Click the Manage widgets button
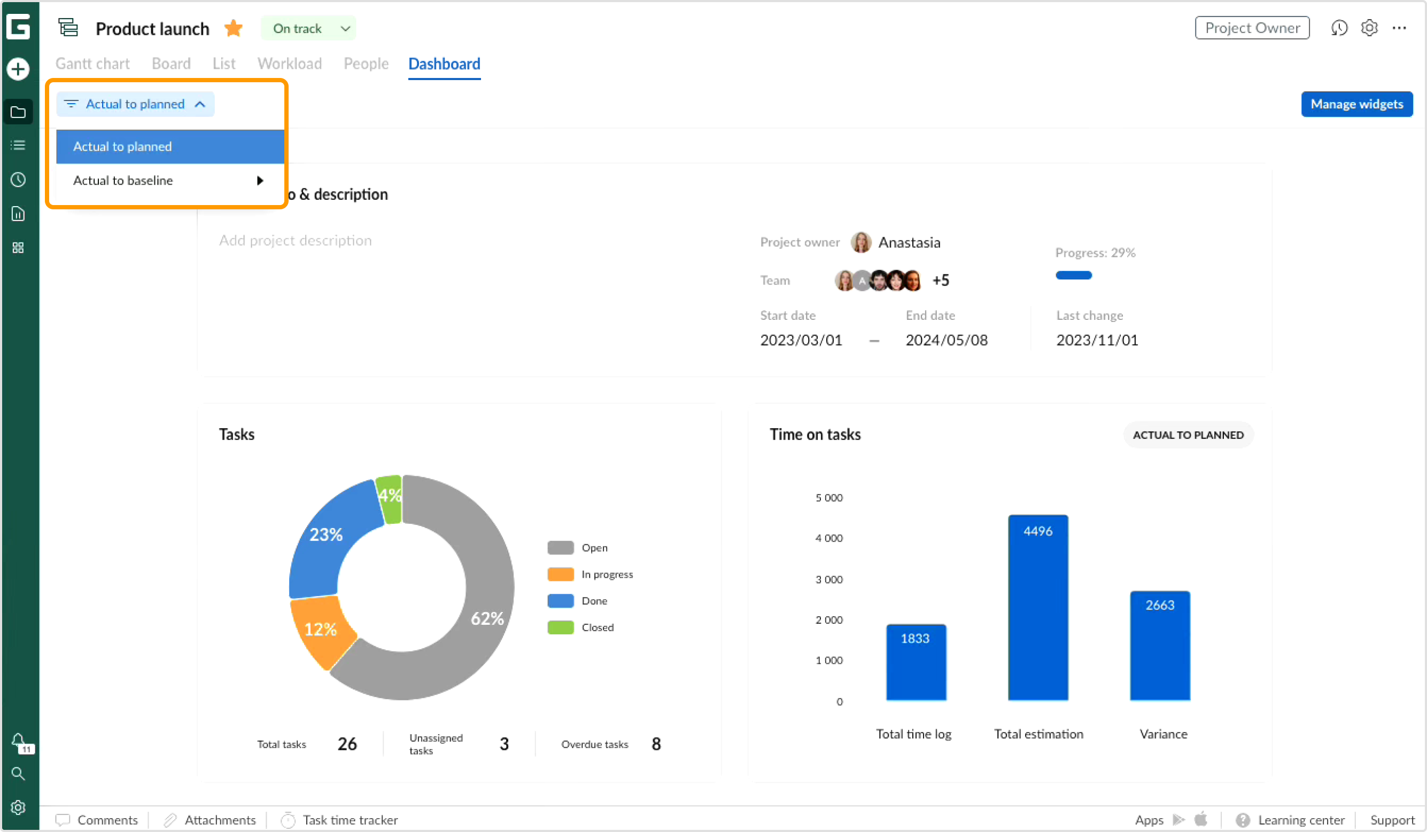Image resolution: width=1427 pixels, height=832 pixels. click(1356, 104)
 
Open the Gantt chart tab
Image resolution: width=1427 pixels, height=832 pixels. click(92, 64)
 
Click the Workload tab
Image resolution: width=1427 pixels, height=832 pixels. click(289, 64)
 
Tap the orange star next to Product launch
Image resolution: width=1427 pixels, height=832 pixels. click(234, 28)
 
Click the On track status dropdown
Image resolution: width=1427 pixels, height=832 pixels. click(308, 28)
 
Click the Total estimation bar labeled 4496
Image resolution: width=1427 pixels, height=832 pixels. click(1037, 608)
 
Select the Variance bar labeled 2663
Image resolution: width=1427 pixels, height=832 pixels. click(1160, 646)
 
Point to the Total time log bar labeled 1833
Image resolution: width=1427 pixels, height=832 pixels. click(916, 662)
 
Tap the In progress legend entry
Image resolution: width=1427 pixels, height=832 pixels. click(607, 575)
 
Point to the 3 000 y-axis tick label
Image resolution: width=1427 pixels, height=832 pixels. click(828, 579)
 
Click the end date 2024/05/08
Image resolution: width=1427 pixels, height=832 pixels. click(946, 340)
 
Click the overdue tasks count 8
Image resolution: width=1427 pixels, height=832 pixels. click(656, 744)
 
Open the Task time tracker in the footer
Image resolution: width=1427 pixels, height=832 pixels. click(350, 820)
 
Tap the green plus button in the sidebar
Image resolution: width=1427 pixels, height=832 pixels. click(18, 69)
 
